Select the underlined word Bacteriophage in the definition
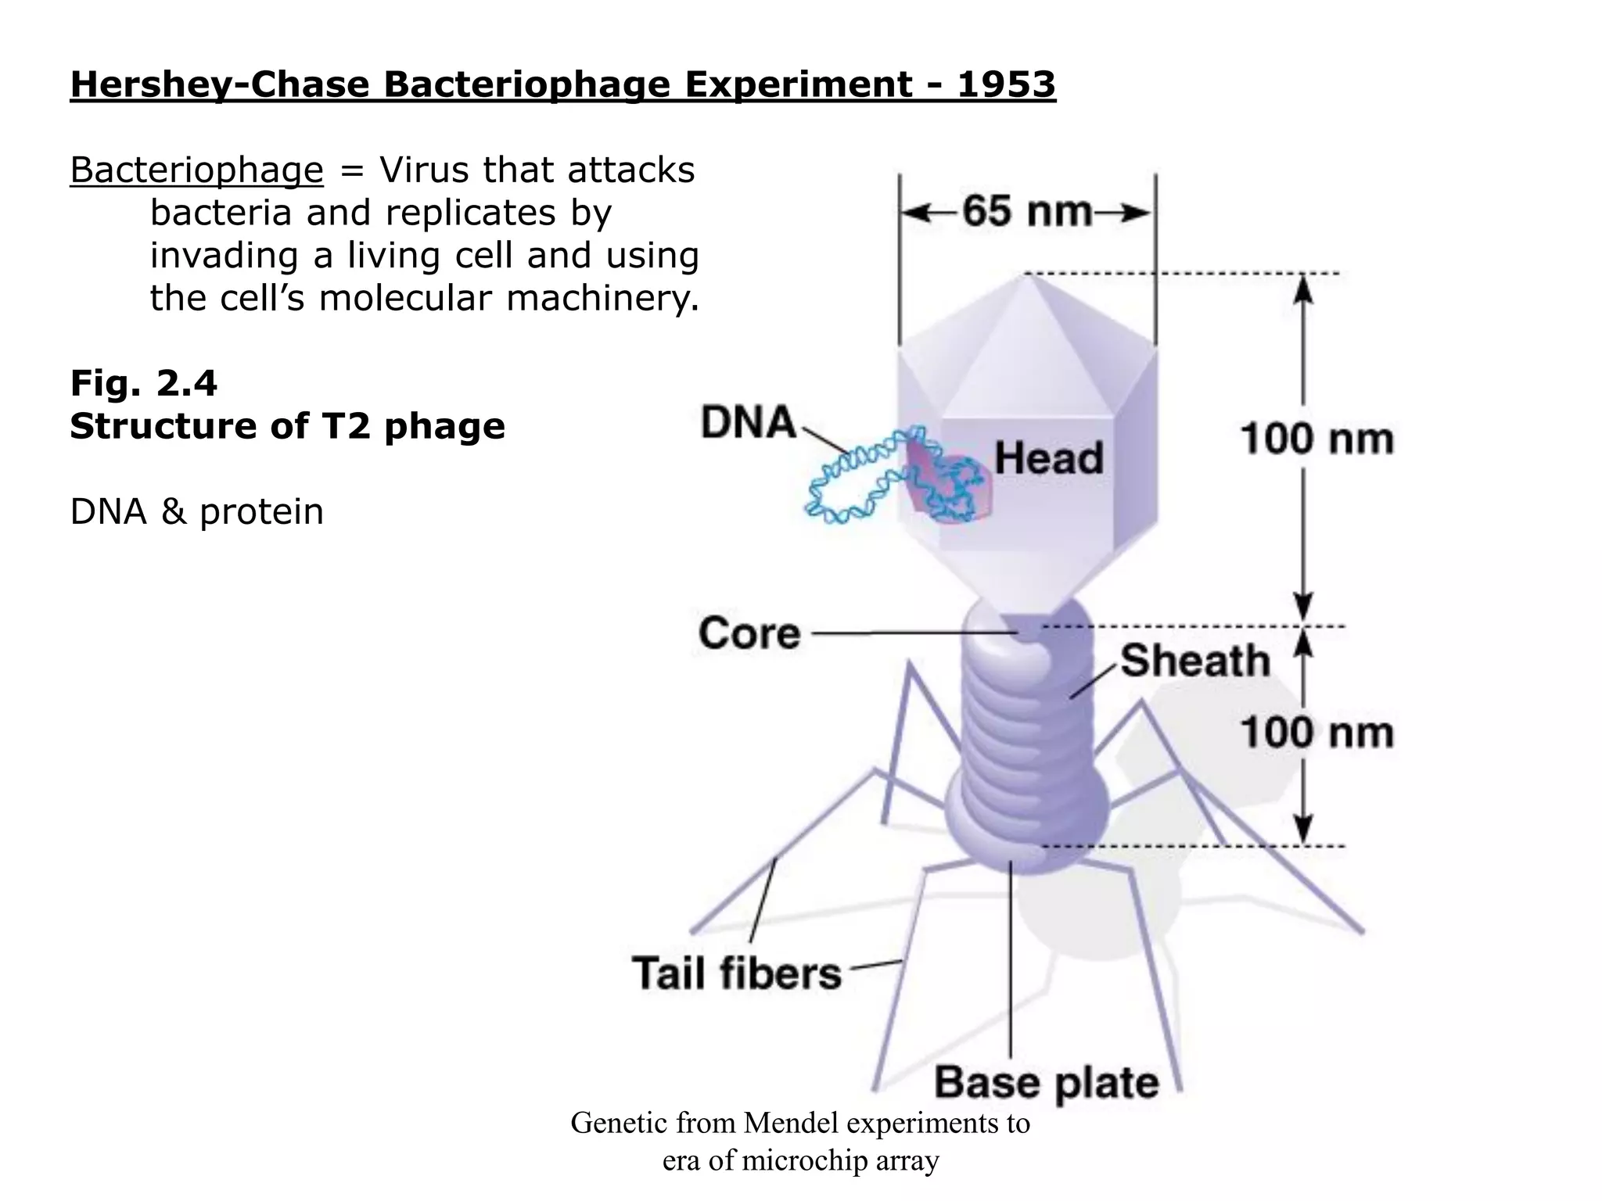coord(196,170)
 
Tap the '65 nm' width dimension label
coord(1027,212)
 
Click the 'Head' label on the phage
coord(1048,457)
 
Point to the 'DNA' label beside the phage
coord(748,423)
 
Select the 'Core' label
coord(749,633)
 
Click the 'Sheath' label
coord(1195,661)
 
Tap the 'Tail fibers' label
coord(736,973)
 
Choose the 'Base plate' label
coord(1047,1083)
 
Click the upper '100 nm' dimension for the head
coord(1317,439)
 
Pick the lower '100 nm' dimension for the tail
coord(1317,733)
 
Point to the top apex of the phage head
coord(1025,275)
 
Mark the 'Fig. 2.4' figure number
coord(143,383)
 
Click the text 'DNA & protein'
coord(196,512)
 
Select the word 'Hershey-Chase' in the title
coord(220,84)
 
